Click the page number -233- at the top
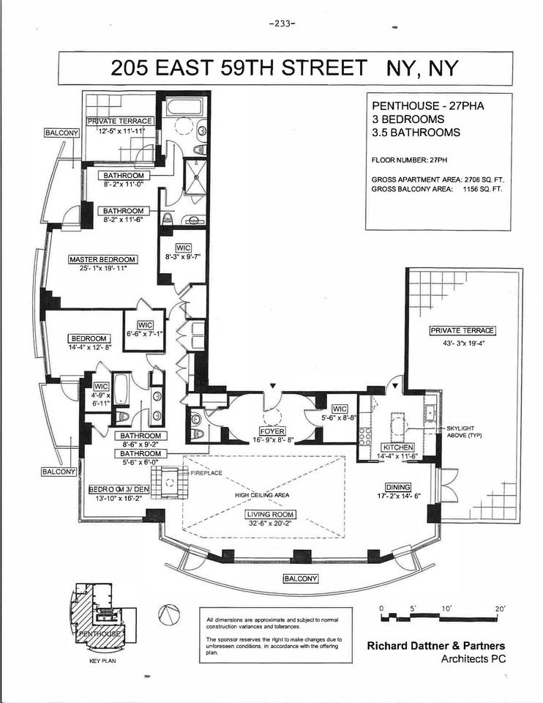pos(282,23)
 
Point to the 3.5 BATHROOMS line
pos(416,133)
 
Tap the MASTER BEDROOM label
pos(102,259)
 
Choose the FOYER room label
pos(270,431)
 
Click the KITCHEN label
pos(399,447)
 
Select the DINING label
pos(398,487)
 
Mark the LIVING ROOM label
pos(269,515)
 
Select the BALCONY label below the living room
pos(301,579)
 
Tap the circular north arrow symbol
pos(168,613)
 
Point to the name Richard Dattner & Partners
pos(435,646)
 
